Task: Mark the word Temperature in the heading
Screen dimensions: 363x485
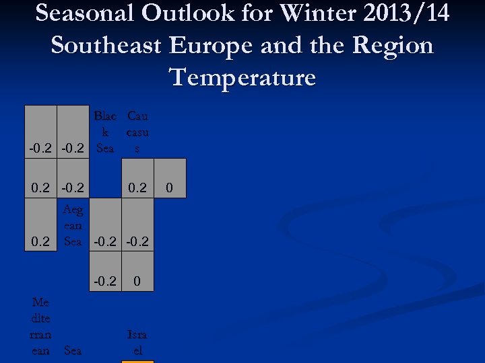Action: coord(243,77)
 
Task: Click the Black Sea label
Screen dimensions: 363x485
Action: coord(105,132)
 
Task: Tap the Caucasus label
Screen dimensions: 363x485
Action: coord(137,132)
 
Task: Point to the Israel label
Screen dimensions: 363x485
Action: coord(137,342)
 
